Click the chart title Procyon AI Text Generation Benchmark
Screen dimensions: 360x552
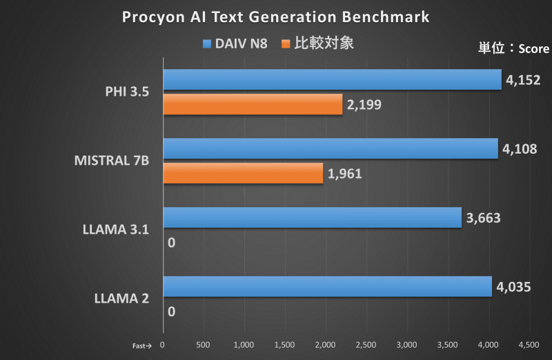pos(275,17)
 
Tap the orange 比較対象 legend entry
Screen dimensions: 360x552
pos(317,43)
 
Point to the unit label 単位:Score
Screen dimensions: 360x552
pos(513,48)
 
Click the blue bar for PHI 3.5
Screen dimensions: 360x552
pos(332,80)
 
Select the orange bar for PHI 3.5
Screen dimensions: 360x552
pos(253,104)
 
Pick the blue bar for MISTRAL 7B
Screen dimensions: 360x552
pos(330,148)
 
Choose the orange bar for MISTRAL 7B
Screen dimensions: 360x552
pos(243,173)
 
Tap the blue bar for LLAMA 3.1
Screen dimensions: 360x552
pos(312,217)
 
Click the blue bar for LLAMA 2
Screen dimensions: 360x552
pos(327,286)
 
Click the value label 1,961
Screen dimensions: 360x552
pos(344,174)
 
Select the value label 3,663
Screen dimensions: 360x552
pos(483,218)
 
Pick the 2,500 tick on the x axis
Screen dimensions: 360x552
pos(366,343)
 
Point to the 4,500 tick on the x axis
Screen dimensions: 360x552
pos(529,343)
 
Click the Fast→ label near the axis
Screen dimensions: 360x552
pos(140,344)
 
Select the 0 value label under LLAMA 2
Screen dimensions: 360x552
pos(171,312)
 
